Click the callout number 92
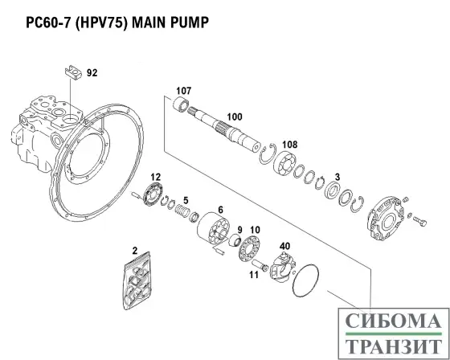92,73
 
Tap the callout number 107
183,89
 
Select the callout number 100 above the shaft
234,117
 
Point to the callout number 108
289,144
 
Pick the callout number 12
156,176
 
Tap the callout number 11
253,275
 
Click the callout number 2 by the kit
135,252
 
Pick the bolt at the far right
416,219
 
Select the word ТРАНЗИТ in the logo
393,346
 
